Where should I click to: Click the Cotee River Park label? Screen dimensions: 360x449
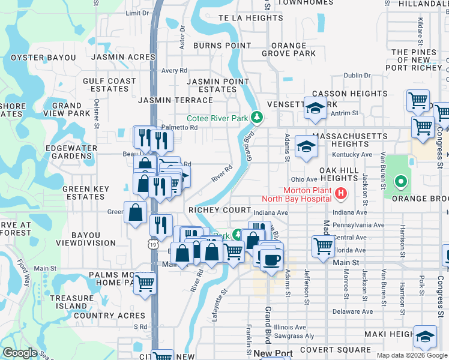point(217,118)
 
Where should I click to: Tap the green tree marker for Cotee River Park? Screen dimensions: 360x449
point(257,116)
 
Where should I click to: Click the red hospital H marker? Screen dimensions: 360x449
point(341,193)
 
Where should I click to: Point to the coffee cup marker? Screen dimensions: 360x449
point(272,259)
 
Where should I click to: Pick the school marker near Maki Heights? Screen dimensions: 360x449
point(426,337)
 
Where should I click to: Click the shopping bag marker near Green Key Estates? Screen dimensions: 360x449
point(136,211)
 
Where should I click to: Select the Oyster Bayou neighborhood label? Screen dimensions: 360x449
point(42,58)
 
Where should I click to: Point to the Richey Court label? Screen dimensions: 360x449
point(220,210)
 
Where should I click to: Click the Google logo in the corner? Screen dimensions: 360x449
point(20,353)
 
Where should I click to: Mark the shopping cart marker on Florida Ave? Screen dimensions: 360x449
point(323,245)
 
